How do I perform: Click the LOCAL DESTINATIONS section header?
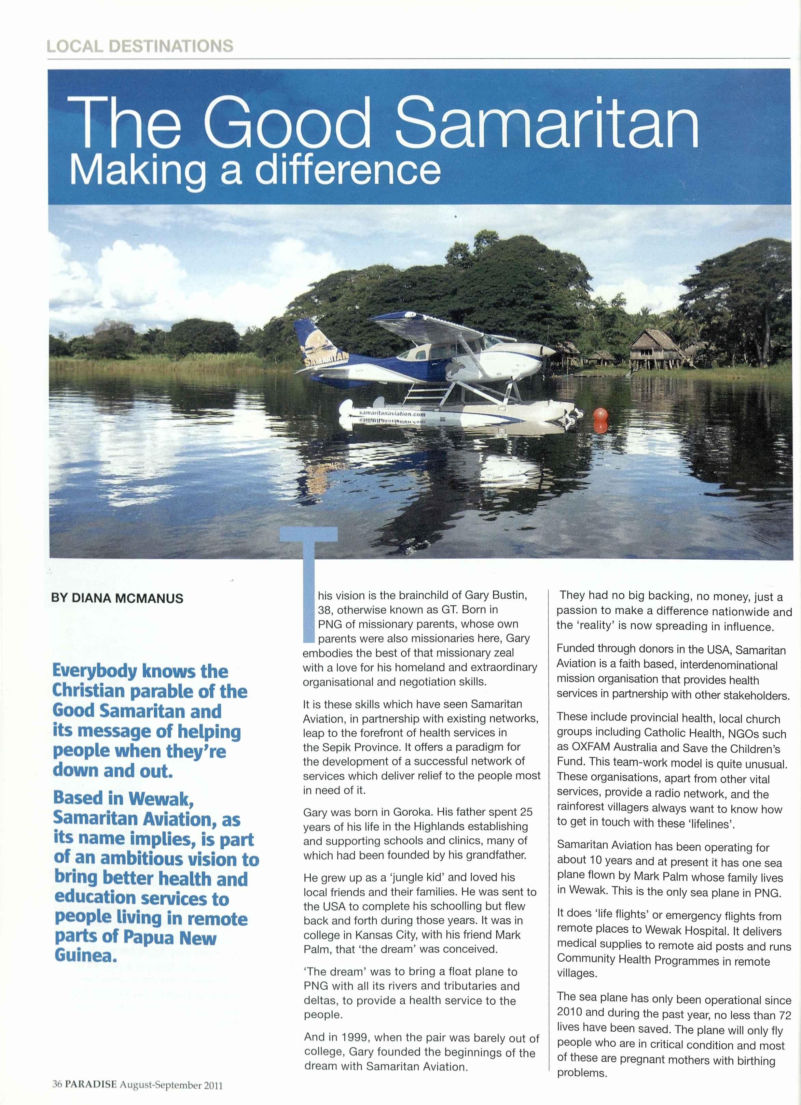140,46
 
